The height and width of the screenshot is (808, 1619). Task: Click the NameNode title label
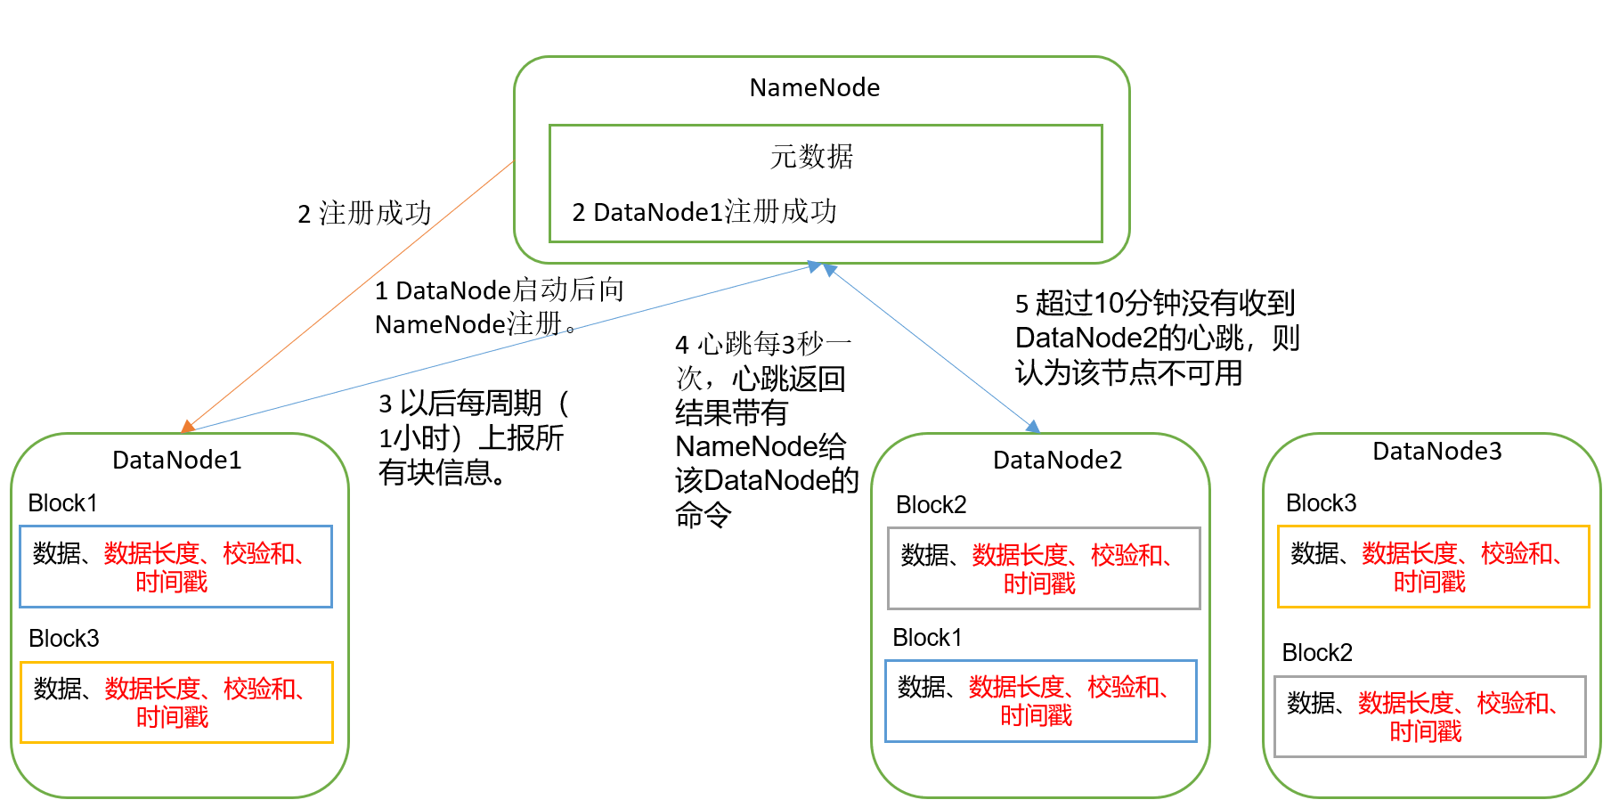pos(814,87)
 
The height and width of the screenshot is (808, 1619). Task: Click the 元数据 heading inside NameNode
pos(811,157)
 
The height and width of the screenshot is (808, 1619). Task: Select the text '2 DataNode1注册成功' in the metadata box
pos(704,212)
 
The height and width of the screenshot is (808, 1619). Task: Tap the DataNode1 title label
pos(176,460)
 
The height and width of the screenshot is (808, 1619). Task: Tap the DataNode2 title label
pos(1057,460)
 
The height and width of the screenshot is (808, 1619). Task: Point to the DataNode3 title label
pos(1436,451)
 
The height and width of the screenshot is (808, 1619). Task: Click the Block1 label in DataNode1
pos(62,502)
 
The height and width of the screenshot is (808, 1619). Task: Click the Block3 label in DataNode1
pos(63,638)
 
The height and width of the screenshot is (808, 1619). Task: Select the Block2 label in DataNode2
pos(931,504)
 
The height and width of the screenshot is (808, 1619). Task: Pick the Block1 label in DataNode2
pos(927,637)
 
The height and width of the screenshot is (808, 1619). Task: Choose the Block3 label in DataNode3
pos(1321,502)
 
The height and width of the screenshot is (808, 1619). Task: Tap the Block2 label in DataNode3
pos(1316,652)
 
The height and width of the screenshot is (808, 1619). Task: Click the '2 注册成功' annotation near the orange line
pos(364,213)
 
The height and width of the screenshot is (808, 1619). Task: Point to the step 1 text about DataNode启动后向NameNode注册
pos(499,307)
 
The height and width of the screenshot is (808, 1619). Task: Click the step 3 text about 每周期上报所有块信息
pos(472,437)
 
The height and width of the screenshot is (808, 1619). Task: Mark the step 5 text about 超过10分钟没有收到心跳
pos(1156,338)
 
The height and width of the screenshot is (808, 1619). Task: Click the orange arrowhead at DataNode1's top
pos(188,427)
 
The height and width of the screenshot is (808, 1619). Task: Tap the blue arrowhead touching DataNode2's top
pos(1033,427)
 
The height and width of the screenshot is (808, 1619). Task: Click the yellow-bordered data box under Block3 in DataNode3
pos(1433,567)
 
